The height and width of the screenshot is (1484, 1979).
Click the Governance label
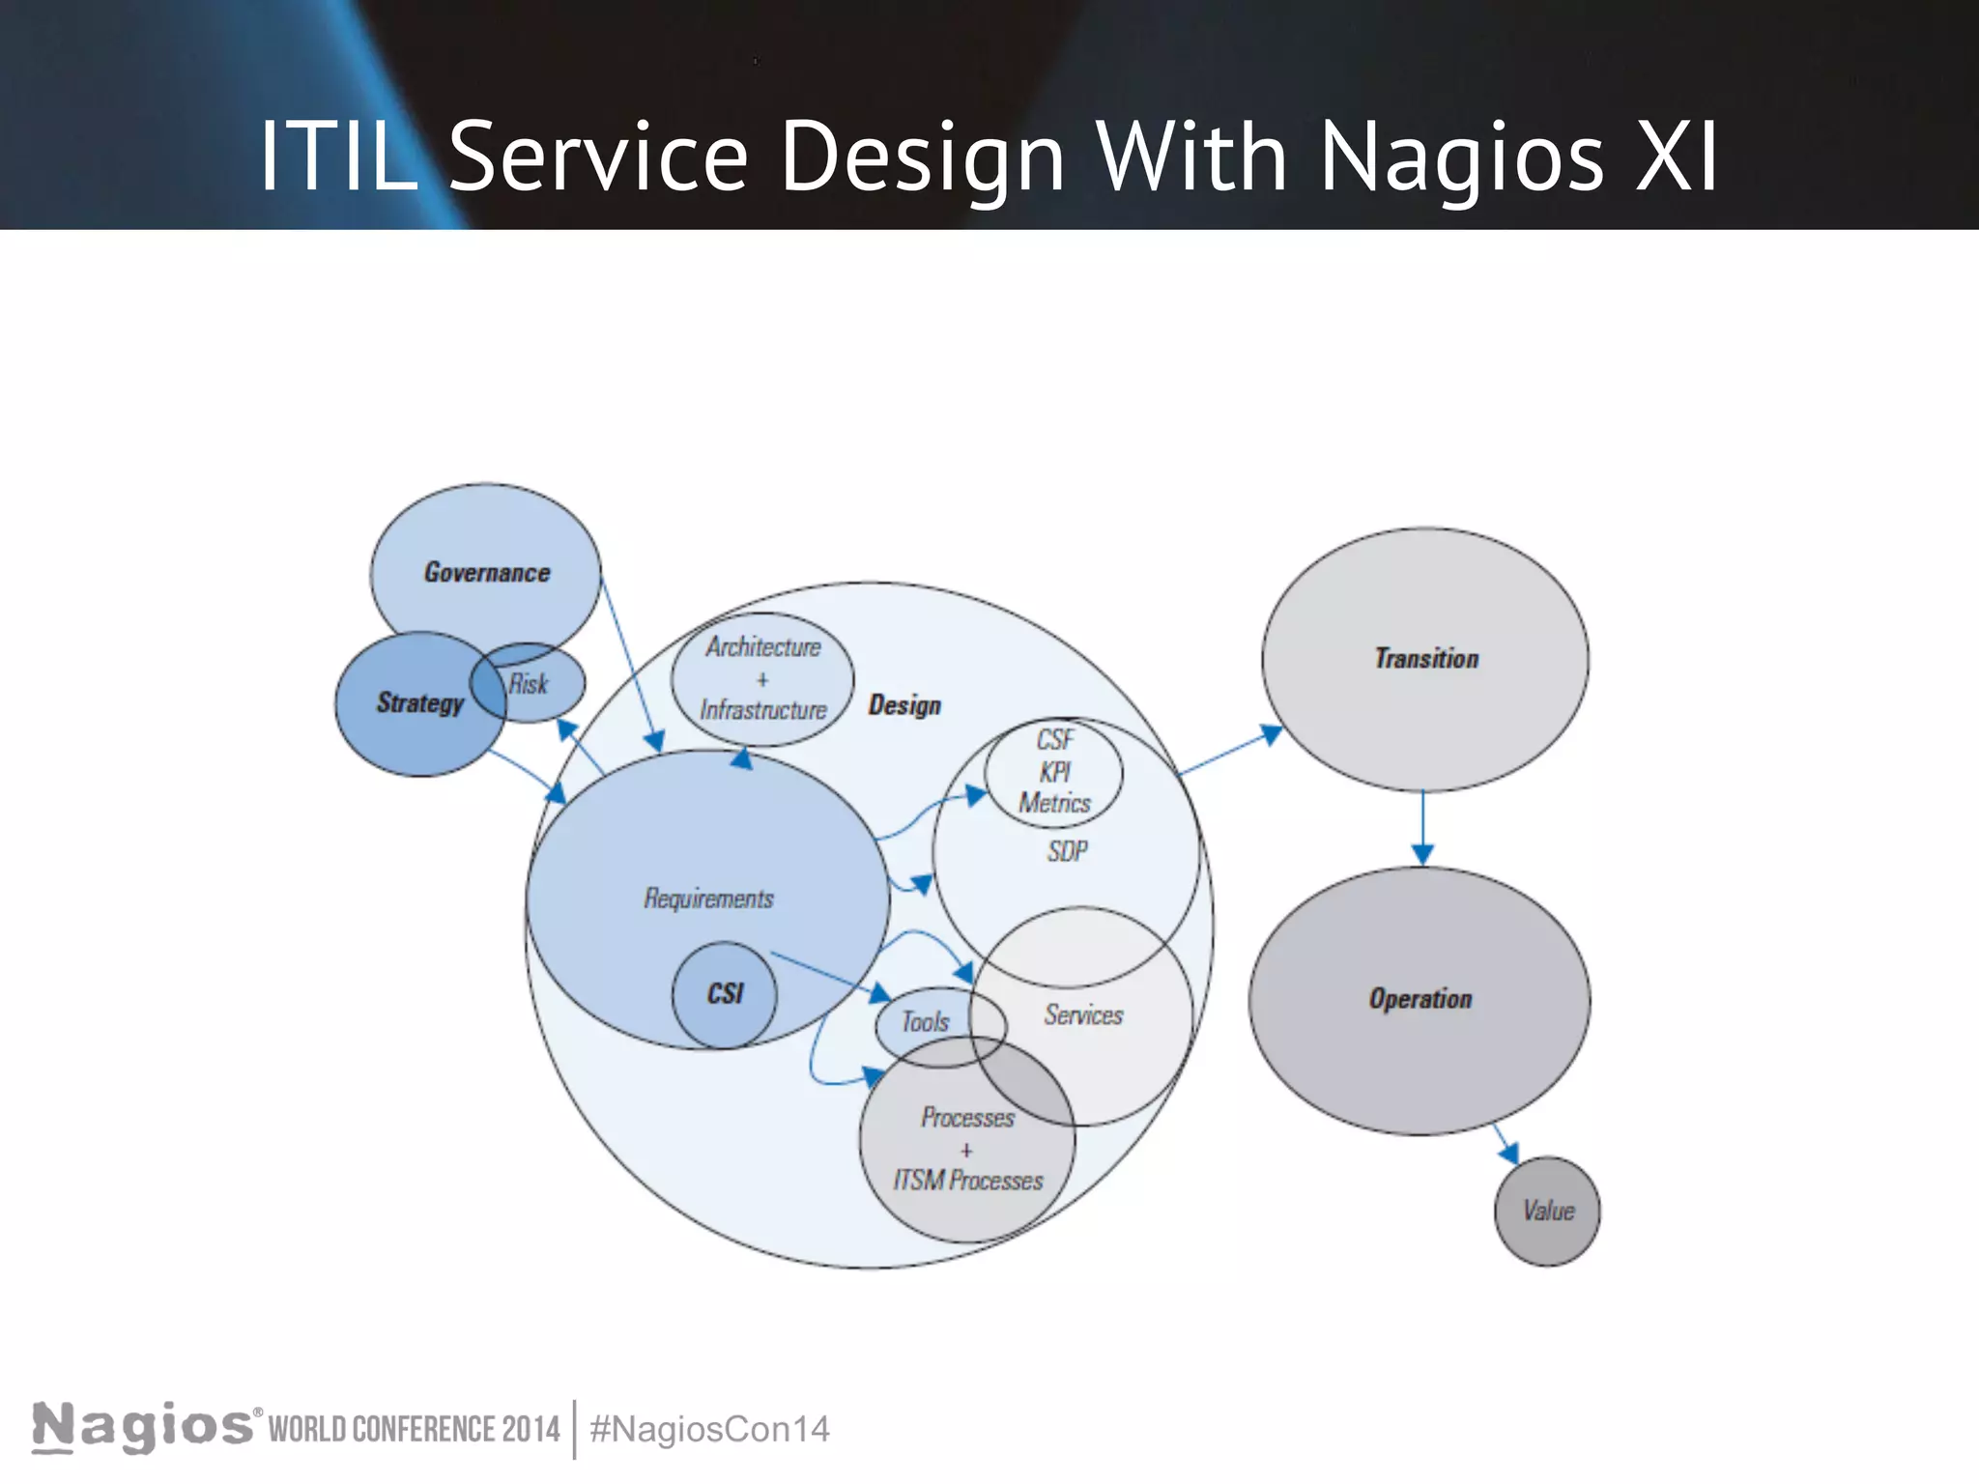pyautogui.click(x=487, y=572)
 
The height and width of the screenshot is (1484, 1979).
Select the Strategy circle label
pyautogui.click(x=419, y=702)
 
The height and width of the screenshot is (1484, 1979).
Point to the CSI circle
pyautogui.click(x=724, y=994)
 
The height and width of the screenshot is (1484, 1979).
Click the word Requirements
pyautogui.click(x=708, y=899)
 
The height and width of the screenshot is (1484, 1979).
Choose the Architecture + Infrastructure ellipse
pyautogui.click(x=762, y=678)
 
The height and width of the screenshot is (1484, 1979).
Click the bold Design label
pyautogui.click(x=903, y=705)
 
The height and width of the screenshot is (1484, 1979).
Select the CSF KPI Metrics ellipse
pyautogui.click(x=1054, y=772)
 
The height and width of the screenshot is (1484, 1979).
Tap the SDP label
pyautogui.click(x=1067, y=851)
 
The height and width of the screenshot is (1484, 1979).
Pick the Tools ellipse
pyautogui.click(x=925, y=1022)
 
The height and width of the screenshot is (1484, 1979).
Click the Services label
pyautogui.click(x=1083, y=1014)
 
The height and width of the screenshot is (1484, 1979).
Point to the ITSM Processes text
pyautogui.click(x=967, y=1181)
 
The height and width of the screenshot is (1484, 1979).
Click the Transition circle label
pyautogui.click(x=1426, y=659)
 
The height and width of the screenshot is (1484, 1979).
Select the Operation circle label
pyautogui.click(x=1420, y=999)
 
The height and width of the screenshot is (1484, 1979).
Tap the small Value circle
pyautogui.click(x=1547, y=1211)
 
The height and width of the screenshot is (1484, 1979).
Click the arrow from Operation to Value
pyautogui.click(x=1506, y=1144)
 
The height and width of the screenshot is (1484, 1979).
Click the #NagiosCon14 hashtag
pyautogui.click(x=709, y=1429)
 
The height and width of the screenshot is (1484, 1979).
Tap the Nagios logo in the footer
pyautogui.click(x=143, y=1427)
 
